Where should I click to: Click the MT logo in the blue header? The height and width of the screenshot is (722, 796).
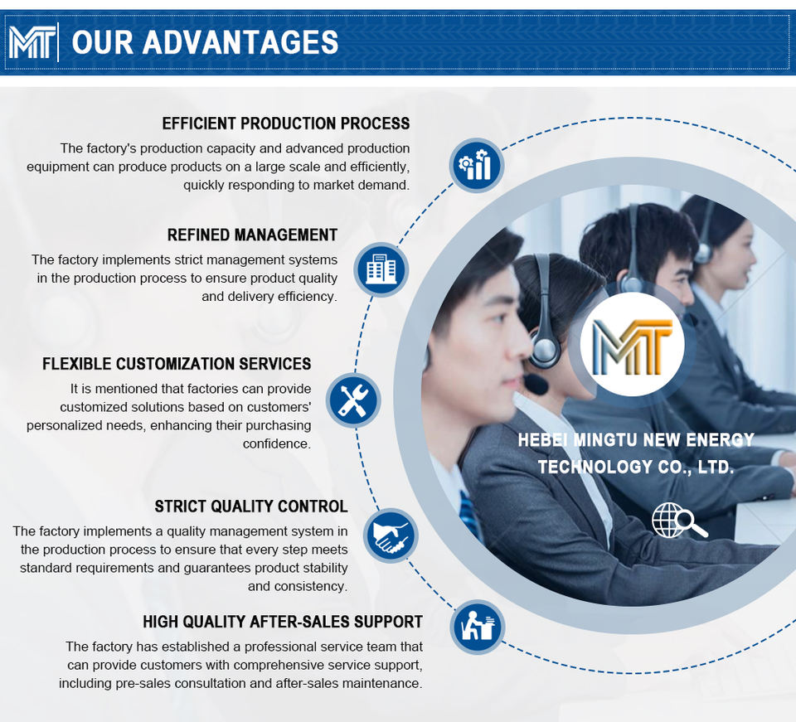(x=32, y=41)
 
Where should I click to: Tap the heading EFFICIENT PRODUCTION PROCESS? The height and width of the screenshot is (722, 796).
(x=285, y=124)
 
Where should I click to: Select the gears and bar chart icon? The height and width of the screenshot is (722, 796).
(x=477, y=165)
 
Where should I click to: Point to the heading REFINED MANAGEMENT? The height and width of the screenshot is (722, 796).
(x=252, y=235)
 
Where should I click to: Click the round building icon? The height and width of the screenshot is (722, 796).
(x=381, y=269)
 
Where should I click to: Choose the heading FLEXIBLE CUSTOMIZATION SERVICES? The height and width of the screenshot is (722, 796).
(x=177, y=363)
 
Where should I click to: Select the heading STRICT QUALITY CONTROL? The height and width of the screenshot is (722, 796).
(x=250, y=506)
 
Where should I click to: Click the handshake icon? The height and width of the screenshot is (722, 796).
(x=391, y=535)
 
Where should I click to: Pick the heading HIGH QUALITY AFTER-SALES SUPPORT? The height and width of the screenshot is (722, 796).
(x=282, y=622)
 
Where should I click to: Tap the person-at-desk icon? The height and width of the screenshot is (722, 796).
(x=478, y=627)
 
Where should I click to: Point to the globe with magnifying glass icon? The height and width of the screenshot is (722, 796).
(x=678, y=521)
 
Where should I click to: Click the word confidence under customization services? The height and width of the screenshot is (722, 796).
(x=276, y=443)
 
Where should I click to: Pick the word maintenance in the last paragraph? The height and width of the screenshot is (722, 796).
(x=382, y=683)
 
